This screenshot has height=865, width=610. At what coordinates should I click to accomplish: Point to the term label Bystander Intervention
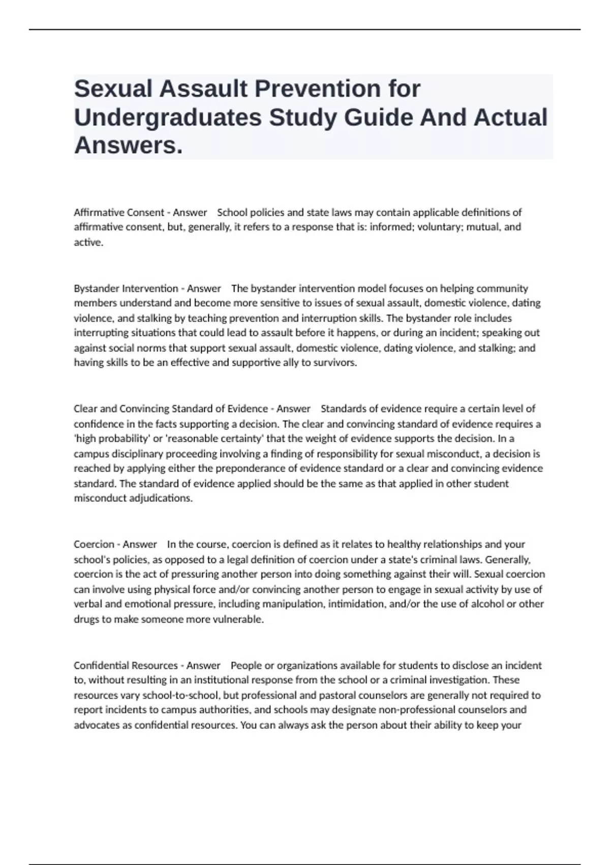[x=126, y=289]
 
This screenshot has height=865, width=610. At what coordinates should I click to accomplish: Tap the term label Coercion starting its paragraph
[x=94, y=544]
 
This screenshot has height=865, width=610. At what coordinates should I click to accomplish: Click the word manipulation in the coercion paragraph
[x=298, y=604]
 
